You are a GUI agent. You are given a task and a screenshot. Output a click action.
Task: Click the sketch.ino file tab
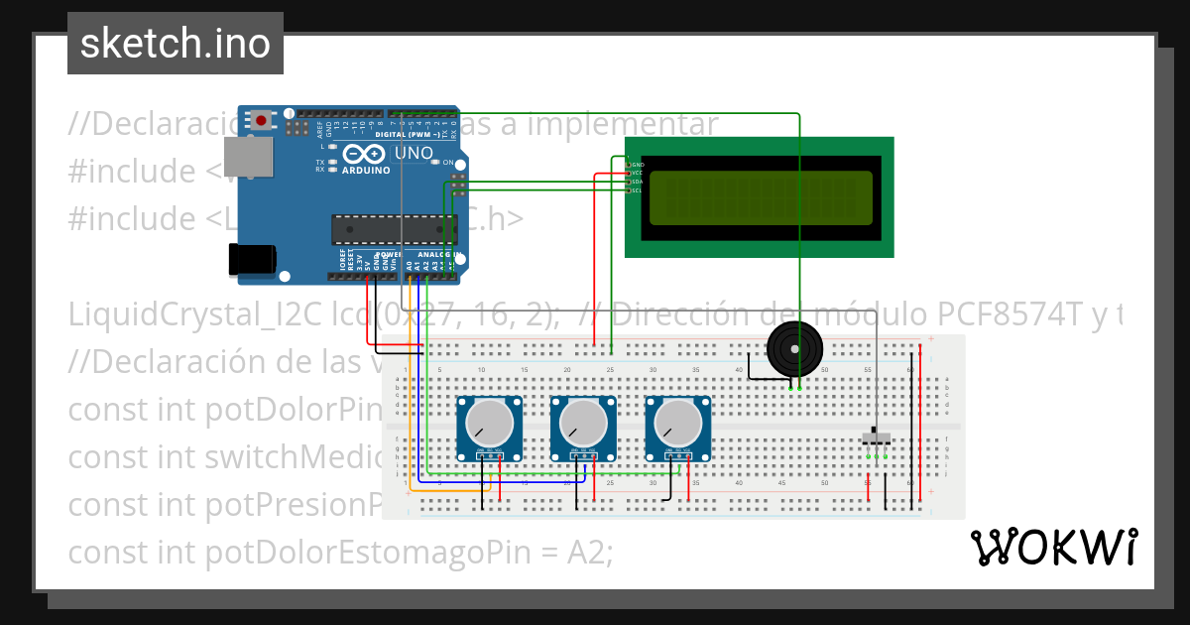176,44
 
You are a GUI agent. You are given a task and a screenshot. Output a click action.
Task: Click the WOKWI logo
1053,547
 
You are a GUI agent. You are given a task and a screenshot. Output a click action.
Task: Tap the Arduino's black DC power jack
251,259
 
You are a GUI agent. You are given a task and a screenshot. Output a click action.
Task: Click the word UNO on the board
415,153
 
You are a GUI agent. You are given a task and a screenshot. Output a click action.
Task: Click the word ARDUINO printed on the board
365,170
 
